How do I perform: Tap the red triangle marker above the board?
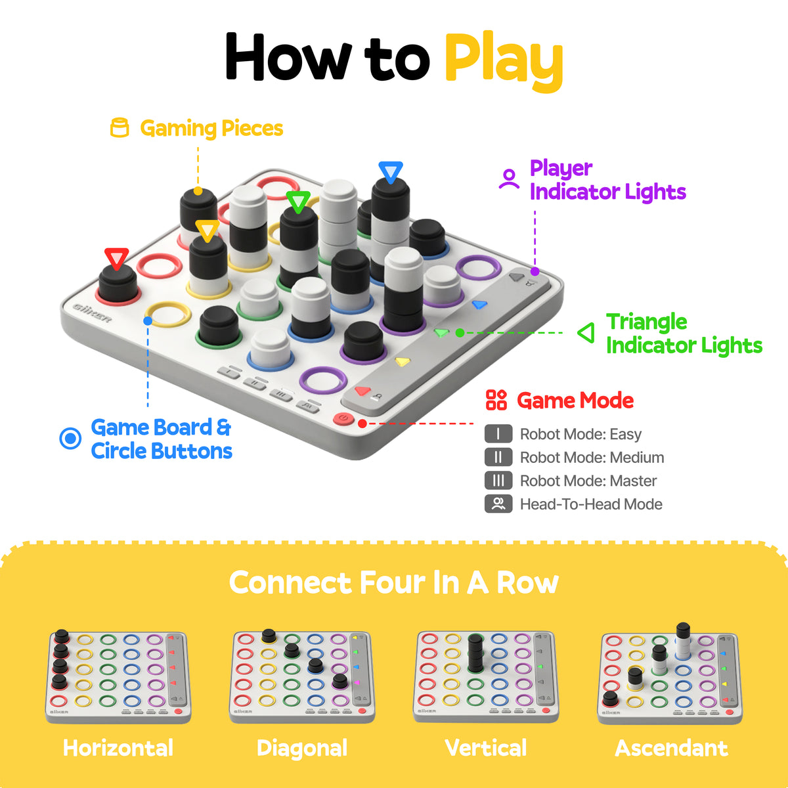pyautogui.click(x=117, y=258)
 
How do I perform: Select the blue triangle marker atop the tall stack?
pyautogui.click(x=391, y=172)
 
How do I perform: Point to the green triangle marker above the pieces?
pyautogui.click(x=298, y=201)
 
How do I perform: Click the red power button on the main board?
pyautogui.click(x=343, y=419)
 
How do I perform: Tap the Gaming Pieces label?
pyautogui.click(x=211, y=129)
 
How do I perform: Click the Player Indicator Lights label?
pyautogui.click(x=607, y=180)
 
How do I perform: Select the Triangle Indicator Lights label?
pyautogui.click(x=683, y=334)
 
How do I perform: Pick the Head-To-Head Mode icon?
pyautogui.click(x=498, y=504)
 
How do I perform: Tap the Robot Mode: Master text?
pyautogui.click(x=588, y=481)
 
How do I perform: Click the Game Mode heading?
pyautogui.click(x=575, y=401)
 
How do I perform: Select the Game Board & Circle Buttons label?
pyautogui.click(x=161, y=439)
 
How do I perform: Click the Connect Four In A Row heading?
pyautogui.click(x=394, y=582)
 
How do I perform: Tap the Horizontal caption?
pyautogui.click(x=118, y=748)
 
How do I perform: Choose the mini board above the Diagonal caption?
pyautogui.click(x=302, y=676)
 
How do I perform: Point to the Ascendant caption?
pyautogui.click(x=671, y=748)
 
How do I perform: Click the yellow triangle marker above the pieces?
pyautogui.click(x=208, y=230)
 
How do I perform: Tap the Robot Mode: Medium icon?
pyautogui.click(x=498, y=457)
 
